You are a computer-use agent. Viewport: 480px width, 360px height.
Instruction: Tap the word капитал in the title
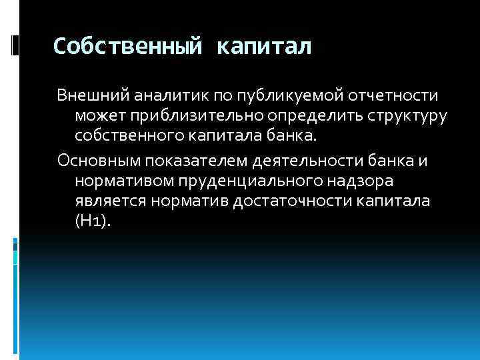264,47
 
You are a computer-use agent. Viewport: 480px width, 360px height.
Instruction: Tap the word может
97,117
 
